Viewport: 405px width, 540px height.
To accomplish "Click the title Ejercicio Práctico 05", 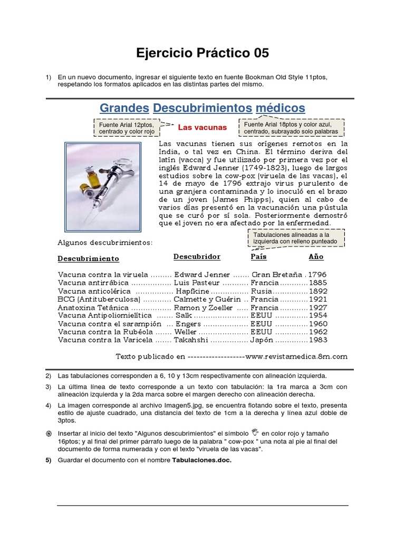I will click(x=202, y=53).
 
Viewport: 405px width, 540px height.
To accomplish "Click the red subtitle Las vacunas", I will click(x=202, y=128).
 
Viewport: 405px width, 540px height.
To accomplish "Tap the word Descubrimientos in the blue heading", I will click(x=202, y=108).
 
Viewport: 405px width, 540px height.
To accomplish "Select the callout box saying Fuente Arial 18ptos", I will click(x=291, y=128).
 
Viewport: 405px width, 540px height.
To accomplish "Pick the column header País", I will click(x=258, y=257).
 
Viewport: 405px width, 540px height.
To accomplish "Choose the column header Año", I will click(x=316, y=257).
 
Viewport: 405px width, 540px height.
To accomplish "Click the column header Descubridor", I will click(x=197, y=257).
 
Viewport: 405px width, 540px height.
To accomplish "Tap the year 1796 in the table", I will click(x=317, y=275).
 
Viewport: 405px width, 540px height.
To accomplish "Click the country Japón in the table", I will click(x=264, y=340).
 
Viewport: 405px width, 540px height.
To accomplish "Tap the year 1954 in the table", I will click(x=317, y=315).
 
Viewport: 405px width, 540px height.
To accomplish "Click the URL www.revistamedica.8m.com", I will click(x=296, y=356).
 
